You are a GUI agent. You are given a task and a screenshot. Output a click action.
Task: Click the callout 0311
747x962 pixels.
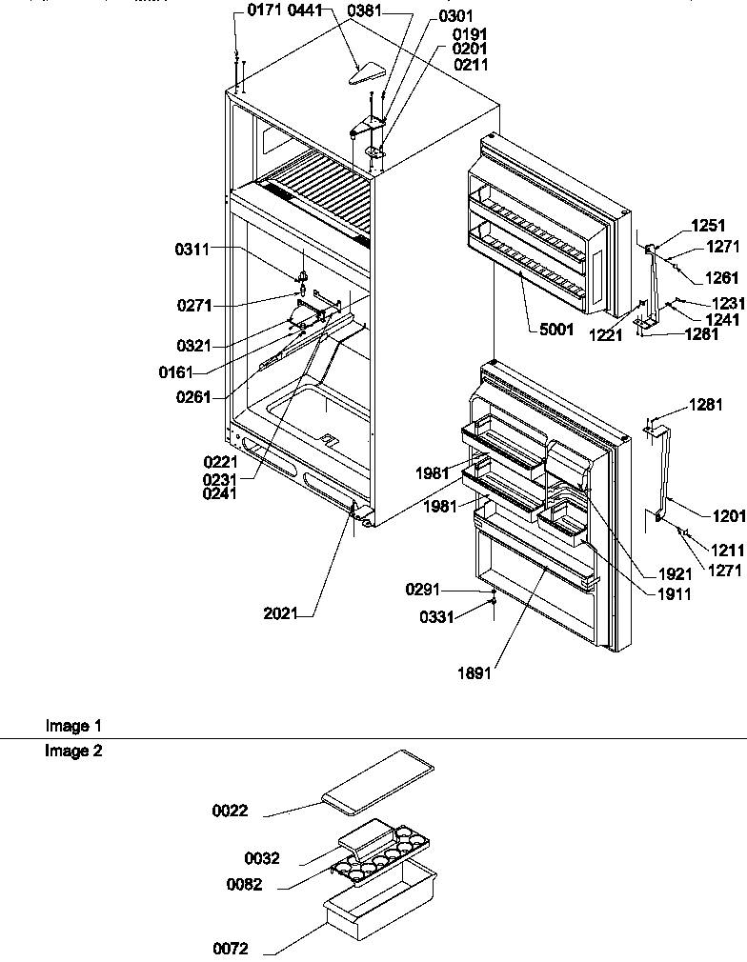192,250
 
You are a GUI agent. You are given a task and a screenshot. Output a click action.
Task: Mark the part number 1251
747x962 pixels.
708,227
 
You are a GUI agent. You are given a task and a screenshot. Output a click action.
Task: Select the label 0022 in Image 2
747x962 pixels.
230,811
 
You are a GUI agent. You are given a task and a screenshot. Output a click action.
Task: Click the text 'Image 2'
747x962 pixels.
73,751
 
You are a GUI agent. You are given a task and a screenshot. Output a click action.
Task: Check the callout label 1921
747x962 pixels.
674,576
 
